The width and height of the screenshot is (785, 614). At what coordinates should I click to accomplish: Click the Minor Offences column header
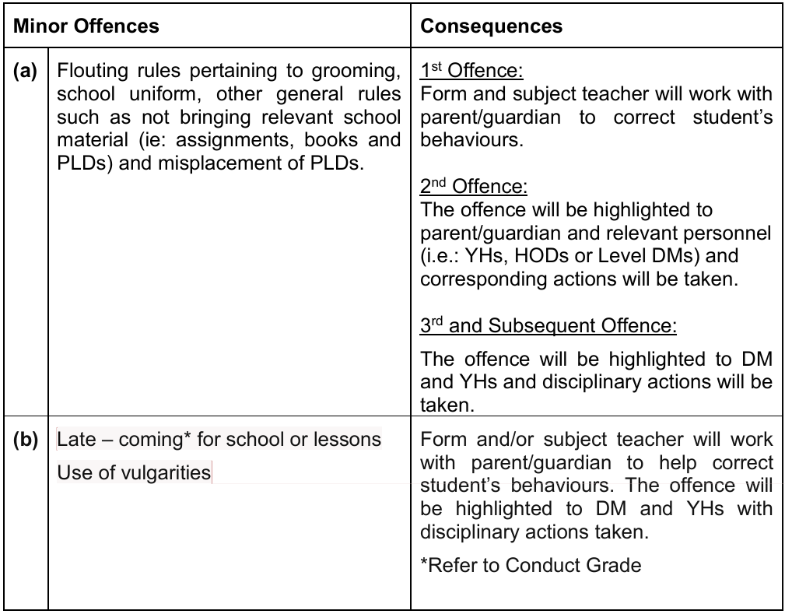tap(86, 26)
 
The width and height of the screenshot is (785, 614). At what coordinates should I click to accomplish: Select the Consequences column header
tap(491, 26)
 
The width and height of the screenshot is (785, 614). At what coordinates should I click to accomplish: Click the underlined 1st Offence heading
tap(471, 72)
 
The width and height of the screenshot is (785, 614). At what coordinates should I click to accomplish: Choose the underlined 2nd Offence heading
tap(474, 187)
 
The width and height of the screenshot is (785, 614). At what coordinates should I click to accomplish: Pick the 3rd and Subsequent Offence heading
tap(548, 326)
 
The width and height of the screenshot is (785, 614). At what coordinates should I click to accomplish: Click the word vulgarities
tap(166, 472)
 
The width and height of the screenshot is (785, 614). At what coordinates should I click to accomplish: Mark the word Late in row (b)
tap(75, 440)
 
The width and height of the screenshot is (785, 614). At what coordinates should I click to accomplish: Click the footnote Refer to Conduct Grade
tap(531, 565)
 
